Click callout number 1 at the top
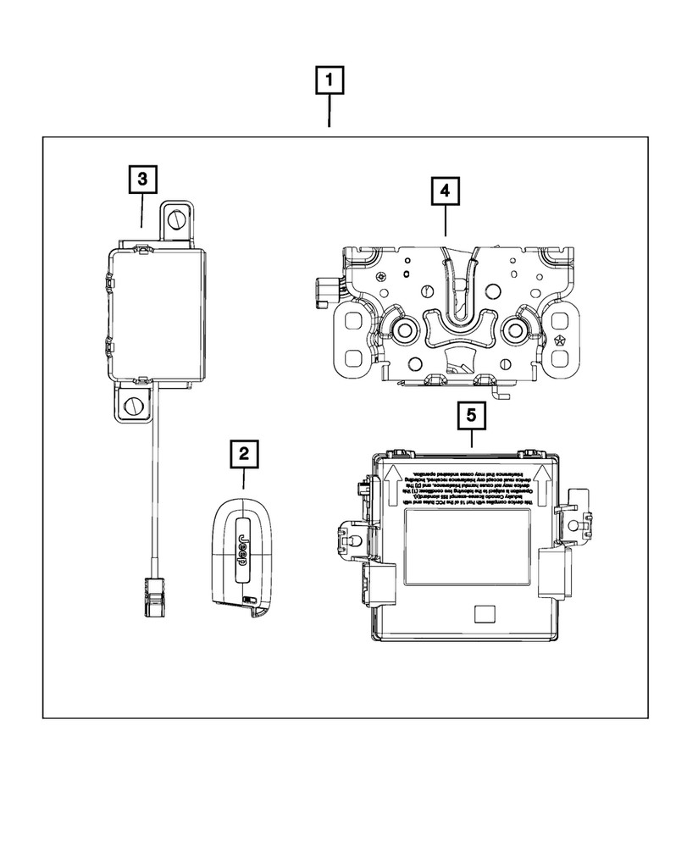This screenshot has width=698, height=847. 330,82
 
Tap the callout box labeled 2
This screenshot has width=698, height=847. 243,455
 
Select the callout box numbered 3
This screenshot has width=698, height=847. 141,179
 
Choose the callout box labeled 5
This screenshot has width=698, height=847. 471,416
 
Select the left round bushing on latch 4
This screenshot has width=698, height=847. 402,329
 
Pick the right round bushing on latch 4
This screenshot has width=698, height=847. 516,329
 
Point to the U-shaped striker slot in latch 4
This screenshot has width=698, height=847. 457,288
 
